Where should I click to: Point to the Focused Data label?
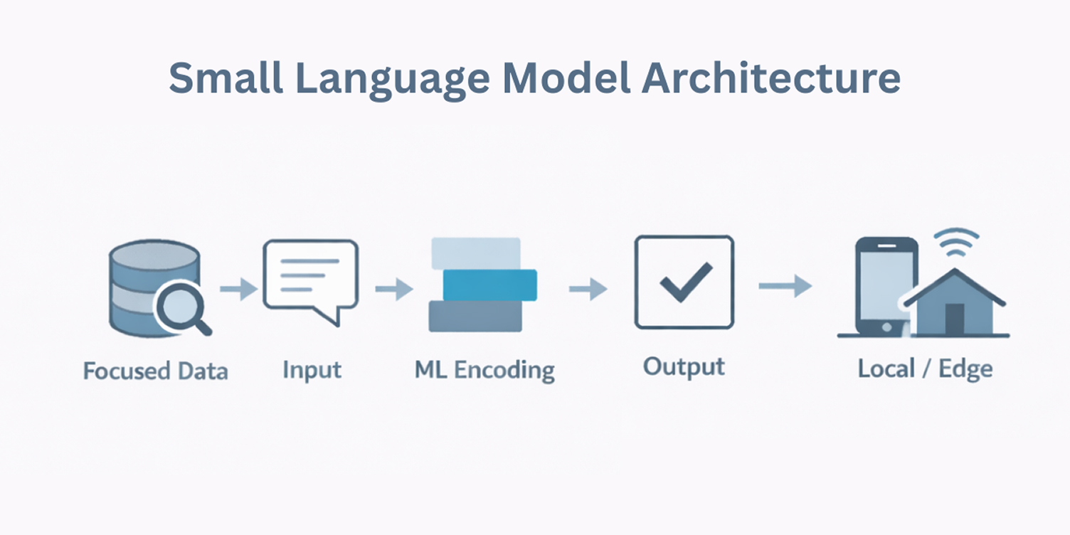[x=155, y=371]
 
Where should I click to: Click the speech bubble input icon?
[x=310, y=279]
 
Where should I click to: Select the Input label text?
[x=312, y=370]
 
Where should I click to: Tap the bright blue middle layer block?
[x=489, y=285]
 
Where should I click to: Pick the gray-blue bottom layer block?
[x=475, y=316]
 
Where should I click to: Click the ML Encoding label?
[x=484, y=370]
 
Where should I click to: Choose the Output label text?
[x=684, y=367]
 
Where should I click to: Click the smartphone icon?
[x=885, y=285]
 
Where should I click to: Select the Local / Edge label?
[x=925, y=369]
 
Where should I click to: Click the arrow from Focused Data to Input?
[x=238, y=290]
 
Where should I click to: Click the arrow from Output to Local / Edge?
[x=785, y=286]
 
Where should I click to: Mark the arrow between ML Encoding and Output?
[x=588, y=289]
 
